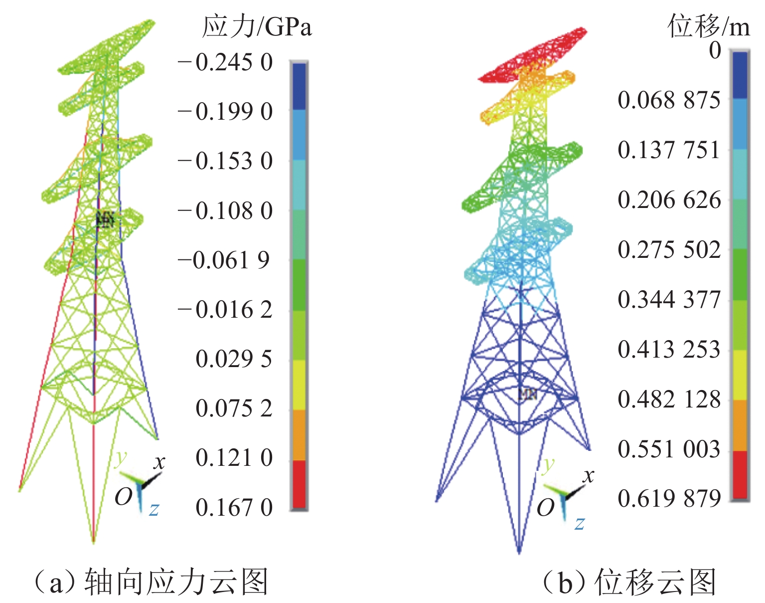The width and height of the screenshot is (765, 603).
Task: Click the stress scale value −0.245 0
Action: [225, 63]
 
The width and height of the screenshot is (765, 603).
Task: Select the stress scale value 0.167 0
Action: [234, 508]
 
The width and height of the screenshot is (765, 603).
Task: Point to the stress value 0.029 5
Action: [234, 359]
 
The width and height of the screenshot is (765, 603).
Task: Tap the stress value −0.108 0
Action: [225, 211]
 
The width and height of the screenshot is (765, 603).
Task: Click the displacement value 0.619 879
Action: [669, 498]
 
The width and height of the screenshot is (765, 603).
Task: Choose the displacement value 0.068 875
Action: [669, 100]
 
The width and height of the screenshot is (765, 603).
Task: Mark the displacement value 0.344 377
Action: [669, 299]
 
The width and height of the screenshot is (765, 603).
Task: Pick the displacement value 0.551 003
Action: [669, 449]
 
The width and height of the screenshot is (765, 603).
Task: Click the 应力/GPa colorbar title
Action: [257, 26]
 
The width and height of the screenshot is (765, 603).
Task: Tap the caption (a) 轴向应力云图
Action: [150, 582]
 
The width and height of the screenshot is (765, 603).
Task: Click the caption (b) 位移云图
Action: [629, 582]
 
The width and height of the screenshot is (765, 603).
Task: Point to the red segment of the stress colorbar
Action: [299, 484]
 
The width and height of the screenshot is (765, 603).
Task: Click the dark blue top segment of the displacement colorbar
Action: [740, 75]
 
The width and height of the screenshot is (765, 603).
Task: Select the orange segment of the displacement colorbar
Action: [740, 425]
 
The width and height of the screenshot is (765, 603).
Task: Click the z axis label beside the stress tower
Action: [154, 509]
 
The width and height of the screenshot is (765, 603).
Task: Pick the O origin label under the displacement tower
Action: [545, 508]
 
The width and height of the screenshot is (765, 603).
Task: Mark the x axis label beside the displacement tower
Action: [589, 476]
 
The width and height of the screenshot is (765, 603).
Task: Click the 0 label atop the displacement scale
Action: [715, 50]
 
